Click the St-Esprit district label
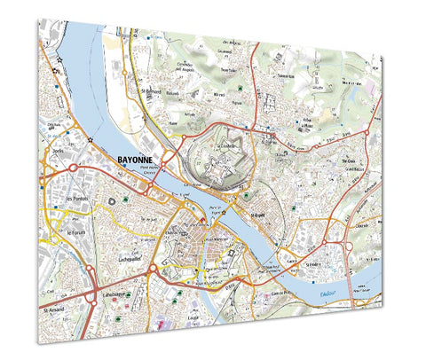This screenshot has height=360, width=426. (257, 215)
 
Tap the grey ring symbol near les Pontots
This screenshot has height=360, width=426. (111, 202)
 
